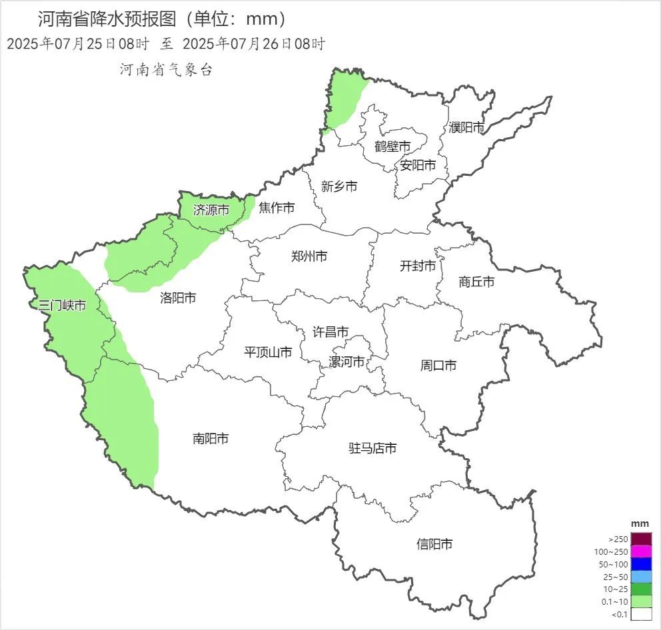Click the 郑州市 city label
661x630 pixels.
tap(309, 256)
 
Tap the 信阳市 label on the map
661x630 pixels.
tap(434, 544)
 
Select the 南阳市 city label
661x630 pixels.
tap(211, 439)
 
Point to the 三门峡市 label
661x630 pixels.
tap(62, 306)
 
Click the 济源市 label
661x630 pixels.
tap(211, 210)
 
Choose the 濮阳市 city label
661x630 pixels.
tap(466, 127)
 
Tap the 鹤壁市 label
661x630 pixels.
tap(392, 146)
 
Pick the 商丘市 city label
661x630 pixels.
tap(476, 282)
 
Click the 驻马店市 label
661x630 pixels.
tap(372, 448)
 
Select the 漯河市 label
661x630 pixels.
tap(346, 362)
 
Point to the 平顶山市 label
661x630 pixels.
tap(268, 352)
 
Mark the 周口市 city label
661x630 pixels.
tap(438, 365)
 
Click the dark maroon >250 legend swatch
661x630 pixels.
tap(641, 539)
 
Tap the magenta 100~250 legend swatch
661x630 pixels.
tap(641, 551)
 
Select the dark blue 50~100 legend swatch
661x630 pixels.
tap(641, 564)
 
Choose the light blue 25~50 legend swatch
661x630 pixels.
tap(641, 577)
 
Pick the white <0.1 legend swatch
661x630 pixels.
tap(641, 615)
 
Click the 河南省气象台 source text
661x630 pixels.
tap(166, 70)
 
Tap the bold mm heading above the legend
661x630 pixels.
tap(640, 524)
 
